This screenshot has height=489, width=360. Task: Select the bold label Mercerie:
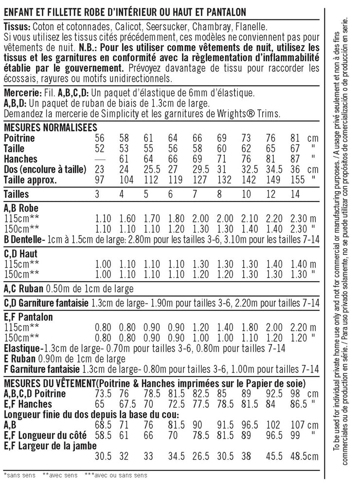tap(21, 93)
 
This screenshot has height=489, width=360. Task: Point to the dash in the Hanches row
tap(101, 159)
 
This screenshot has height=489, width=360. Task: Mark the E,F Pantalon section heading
tap(28, 317)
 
